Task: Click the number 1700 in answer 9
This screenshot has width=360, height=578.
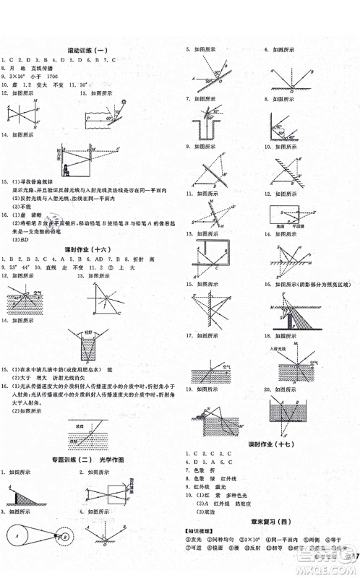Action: (x=71, y=75)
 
